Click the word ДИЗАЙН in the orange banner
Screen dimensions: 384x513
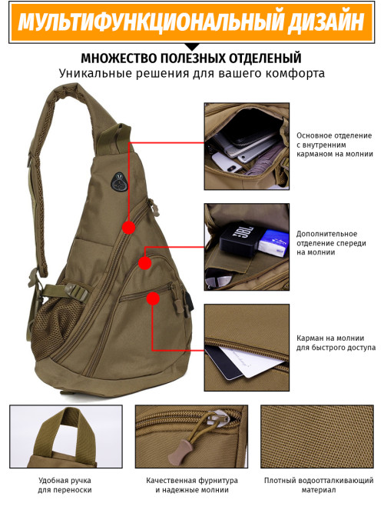[326, 22]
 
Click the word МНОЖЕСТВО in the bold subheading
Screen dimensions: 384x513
[119, 58]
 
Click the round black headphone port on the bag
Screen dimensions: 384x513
[119, 182]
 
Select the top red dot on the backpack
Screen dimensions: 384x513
[129, 228]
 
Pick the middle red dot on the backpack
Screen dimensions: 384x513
[145, 263]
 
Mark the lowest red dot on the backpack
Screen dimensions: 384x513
[153, 298]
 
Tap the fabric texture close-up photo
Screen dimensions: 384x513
[317, 437]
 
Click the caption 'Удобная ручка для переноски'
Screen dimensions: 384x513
[65, 485]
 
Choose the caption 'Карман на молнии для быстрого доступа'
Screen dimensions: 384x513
[336, 342]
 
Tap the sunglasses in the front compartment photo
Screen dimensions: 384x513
[218, 279]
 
